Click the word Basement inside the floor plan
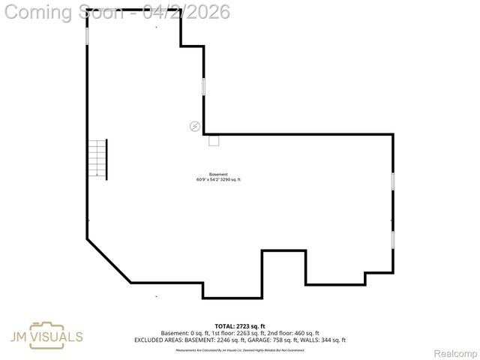[218, 174]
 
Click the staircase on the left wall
[97, 159]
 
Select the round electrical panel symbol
[195, 126]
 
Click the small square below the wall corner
[214, 140]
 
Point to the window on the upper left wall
[87, 35]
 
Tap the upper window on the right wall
[393, 182]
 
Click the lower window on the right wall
[393, 240]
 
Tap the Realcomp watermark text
[455, 352]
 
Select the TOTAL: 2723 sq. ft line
[239, 326]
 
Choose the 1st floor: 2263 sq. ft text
[243, 333]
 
